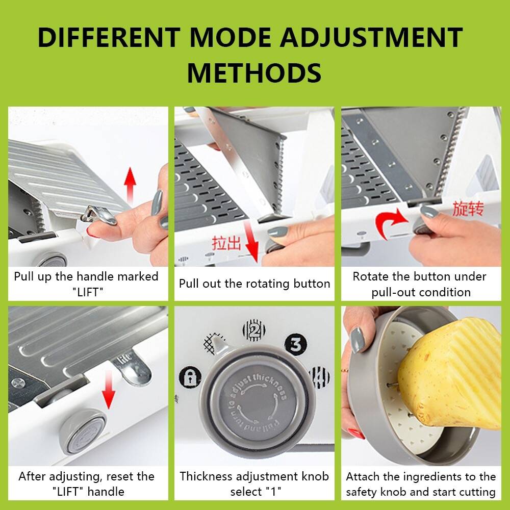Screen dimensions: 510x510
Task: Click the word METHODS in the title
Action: point(254,72)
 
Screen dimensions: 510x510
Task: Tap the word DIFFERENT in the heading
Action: point(109,37)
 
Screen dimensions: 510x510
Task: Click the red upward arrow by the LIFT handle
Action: point(130,186)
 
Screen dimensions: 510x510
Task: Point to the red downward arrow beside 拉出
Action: point(252,241)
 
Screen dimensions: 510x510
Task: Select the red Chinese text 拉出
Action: point(226,243)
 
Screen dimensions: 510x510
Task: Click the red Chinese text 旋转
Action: point(468,209)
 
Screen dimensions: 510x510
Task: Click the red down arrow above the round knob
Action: point(108,390)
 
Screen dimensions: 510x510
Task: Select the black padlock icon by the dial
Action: point(190,377)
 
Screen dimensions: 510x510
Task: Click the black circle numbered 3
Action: point(296,345)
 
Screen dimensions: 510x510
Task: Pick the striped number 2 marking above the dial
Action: point(254,330)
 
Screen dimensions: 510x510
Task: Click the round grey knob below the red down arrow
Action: point(83,431)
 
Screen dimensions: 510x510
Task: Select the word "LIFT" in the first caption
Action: point(88,292)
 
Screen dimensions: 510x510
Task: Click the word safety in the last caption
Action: point(362,492)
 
